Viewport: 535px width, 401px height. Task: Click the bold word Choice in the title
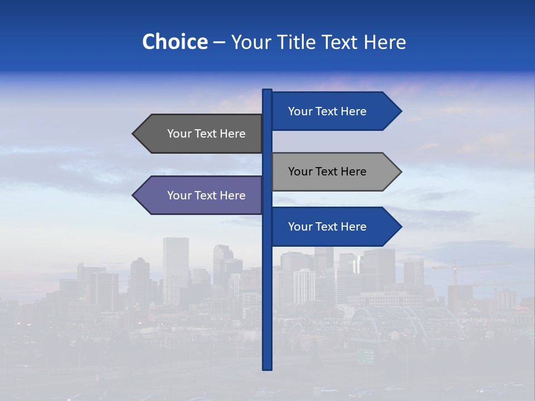coord(174,42)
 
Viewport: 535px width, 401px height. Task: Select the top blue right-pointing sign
coord(329,111)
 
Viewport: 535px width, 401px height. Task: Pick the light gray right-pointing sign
coord(329,172)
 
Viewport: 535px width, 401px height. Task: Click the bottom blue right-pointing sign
coord(329,227)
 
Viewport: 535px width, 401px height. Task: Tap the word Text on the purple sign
coord(207,195)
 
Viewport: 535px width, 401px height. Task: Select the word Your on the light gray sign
coord(300,172)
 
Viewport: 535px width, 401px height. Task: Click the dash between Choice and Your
coord(219,42)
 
